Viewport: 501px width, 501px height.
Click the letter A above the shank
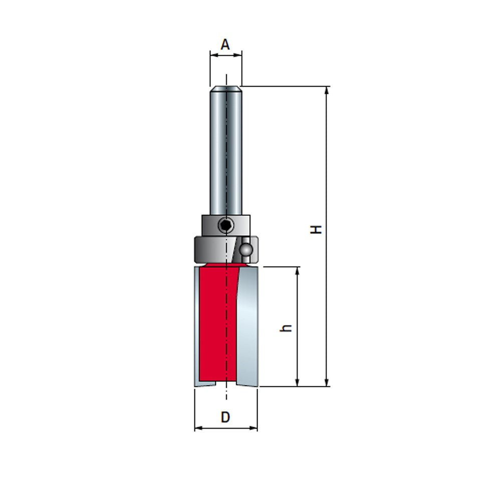225,45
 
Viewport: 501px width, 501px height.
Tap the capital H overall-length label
316,229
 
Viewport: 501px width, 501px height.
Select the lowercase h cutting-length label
287,328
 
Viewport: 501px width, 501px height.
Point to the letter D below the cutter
225,417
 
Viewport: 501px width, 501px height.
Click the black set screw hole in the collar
226,225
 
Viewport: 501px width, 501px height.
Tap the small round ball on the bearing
246,248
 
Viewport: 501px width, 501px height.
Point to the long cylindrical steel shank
225,150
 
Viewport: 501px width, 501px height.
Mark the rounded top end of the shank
225,89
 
